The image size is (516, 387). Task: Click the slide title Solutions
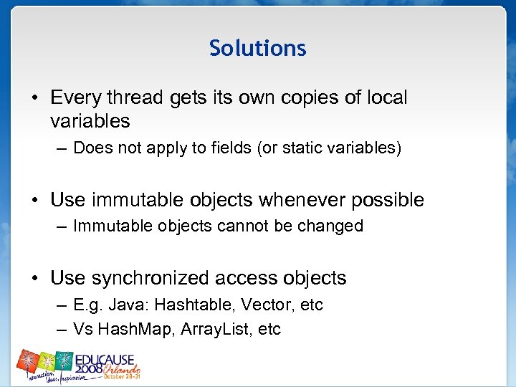(x=257, y=48)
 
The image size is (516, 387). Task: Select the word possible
(x=386, y=200)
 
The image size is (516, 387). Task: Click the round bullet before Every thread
(x=35, y=98)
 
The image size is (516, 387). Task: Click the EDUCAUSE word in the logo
(x=109, y=358)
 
